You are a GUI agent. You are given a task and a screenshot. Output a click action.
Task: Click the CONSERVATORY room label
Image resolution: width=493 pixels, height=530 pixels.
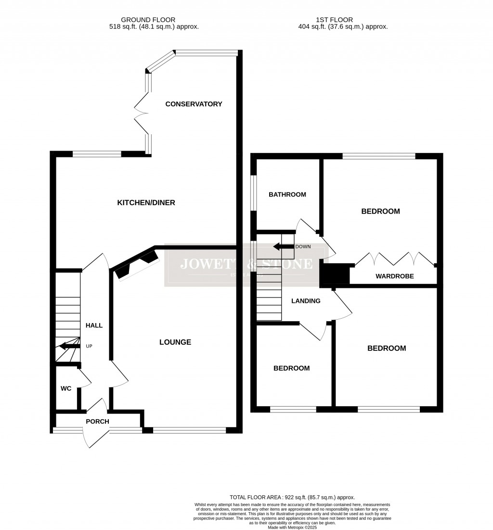[194, 104]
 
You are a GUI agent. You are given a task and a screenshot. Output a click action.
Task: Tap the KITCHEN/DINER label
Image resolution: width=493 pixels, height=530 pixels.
[146, 203]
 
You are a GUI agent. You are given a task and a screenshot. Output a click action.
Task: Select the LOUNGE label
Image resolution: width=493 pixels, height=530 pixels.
[175, 342]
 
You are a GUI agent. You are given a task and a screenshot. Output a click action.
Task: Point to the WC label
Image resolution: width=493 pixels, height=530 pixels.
[66, 388]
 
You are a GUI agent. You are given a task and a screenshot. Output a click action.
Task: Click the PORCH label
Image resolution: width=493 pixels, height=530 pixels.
[97, 422]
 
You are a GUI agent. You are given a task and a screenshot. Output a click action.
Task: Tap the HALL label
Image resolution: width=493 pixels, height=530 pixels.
[94, 325]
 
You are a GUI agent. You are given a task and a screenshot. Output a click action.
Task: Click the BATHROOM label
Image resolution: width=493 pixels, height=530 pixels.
[287, 194]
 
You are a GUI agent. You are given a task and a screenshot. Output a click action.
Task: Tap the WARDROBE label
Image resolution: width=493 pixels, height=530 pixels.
[394, 276]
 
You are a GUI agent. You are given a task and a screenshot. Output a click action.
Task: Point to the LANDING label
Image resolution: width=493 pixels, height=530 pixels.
[306, 301]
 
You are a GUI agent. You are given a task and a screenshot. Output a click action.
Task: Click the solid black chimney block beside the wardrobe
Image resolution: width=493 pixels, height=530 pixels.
[335, 274]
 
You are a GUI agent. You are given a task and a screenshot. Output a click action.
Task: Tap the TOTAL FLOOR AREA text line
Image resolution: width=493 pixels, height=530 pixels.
[295, 497]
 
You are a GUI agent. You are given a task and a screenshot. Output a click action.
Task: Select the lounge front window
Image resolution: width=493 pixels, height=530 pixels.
[189, 430]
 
